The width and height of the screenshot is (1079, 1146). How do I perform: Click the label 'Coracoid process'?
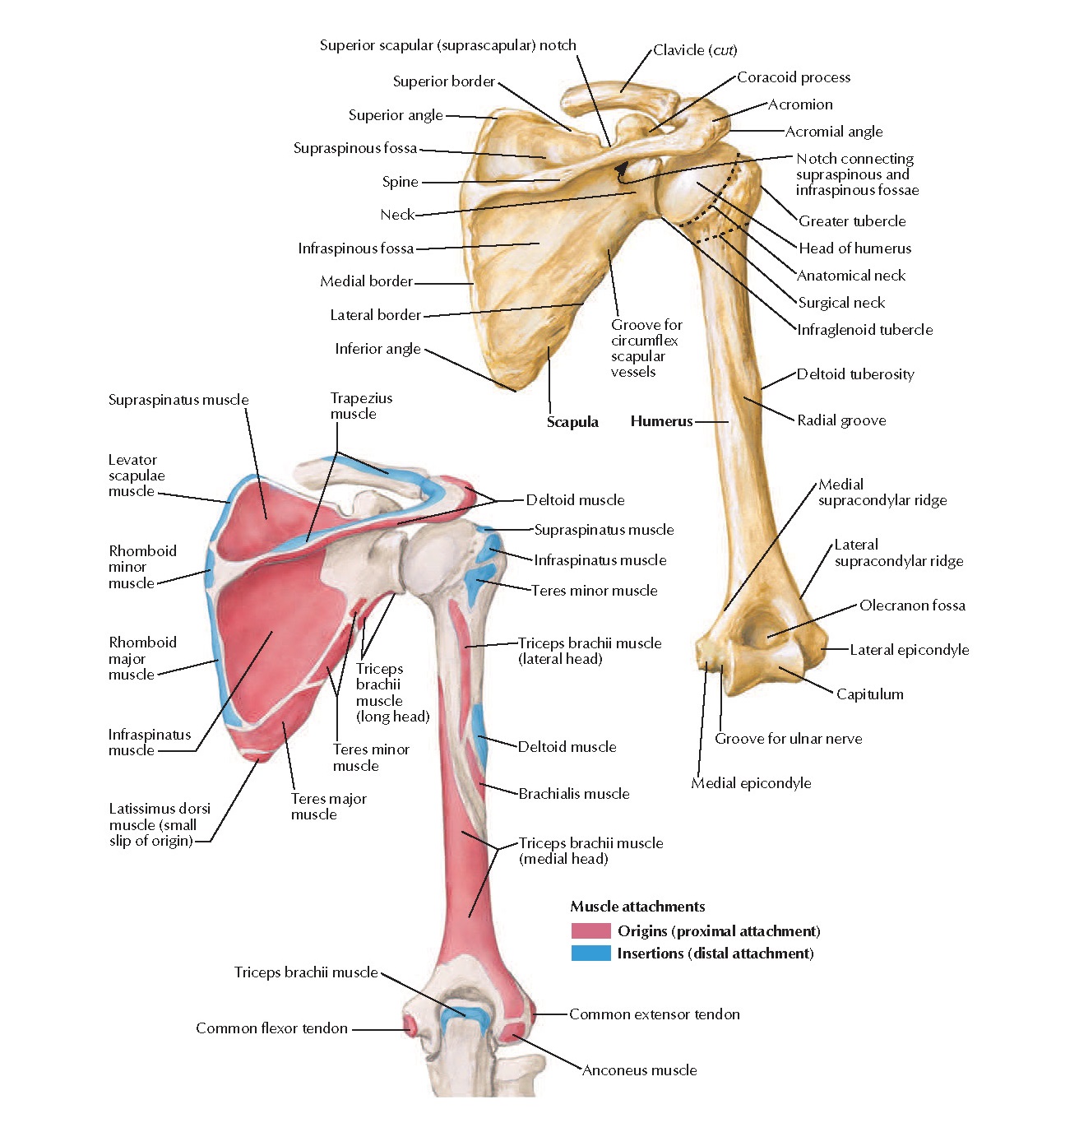[x=793, y=77]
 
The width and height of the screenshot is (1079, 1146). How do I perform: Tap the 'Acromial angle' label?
[x=833, y=132]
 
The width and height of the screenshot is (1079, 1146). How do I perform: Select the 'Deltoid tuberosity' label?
[x=854, y=374]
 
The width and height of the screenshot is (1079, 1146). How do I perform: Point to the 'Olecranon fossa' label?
[x=911, y=605]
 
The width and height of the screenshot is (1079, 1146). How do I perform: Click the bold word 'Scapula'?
[x=572, y=422]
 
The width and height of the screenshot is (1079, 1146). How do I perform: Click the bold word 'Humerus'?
[x=661, y=421]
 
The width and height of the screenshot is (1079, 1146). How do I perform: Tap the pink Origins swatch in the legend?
[x=590, y=930]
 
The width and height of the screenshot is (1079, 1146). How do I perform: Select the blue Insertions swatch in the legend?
[x=590, y=953]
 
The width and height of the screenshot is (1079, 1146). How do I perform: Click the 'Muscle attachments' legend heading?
[x=637, y=907]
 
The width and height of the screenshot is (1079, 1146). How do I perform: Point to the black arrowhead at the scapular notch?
[x=622, y=169]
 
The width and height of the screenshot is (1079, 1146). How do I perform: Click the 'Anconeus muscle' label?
[x=639, y=1070]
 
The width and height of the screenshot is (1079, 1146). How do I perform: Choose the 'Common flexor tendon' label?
[x=271, y=1028]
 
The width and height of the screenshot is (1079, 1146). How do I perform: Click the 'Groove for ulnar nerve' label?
[x=788, y=739]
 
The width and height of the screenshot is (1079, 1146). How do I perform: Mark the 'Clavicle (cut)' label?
[x=695, y=50]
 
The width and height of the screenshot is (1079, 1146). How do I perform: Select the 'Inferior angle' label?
[x=377, y=349]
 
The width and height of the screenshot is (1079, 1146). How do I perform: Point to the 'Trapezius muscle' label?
[x=361, y=406]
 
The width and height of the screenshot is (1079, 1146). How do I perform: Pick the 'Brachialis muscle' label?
[x=573, y=794]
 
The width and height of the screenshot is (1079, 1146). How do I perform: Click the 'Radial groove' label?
[x=841, y=420]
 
